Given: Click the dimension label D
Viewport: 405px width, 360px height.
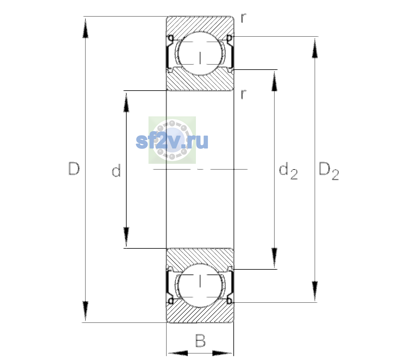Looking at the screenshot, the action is tap(74, 169).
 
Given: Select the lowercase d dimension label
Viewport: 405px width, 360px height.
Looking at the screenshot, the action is tap(116, 170).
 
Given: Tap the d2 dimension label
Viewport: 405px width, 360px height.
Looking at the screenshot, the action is tap(288, 171).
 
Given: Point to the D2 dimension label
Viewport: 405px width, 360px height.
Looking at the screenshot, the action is tap(328, 171).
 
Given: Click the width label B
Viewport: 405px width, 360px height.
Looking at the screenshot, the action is tap(200, 340).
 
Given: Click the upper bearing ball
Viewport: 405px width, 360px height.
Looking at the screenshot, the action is tap(200, 53).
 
